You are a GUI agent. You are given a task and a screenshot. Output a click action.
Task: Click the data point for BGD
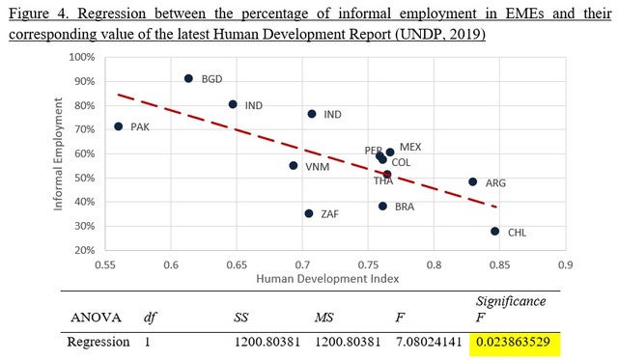(188, 78)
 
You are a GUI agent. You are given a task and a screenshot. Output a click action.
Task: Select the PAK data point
(118, 126)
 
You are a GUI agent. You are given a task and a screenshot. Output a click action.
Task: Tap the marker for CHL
(495, 232)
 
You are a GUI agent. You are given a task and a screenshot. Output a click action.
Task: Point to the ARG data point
(473, 182)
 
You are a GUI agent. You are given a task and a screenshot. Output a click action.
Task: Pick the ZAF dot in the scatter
(309, 213)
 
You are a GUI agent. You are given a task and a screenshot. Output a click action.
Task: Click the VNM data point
(294, 166)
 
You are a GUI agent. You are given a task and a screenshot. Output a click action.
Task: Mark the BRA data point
(382, 206)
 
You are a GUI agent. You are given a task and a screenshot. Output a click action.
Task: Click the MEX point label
(410, 147)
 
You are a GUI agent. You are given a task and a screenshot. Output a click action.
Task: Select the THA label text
(383, 181)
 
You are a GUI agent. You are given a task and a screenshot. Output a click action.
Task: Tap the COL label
(401, 162)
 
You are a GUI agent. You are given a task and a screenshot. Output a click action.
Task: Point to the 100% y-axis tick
(82, 57)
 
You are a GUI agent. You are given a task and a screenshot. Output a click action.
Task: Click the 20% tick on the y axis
(84, 250)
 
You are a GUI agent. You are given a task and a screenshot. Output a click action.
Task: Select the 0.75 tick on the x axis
(368, 264)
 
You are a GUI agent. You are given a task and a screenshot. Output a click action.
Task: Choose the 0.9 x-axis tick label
(565, 264)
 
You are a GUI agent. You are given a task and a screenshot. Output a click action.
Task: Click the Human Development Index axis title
(327, 279)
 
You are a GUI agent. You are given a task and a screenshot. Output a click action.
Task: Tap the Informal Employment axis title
(58, 154)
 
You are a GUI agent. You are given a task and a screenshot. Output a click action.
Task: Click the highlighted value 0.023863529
(513, 342)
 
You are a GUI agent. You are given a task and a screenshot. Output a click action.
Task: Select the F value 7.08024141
(429, 342)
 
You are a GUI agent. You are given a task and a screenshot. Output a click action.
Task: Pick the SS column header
(240, 318)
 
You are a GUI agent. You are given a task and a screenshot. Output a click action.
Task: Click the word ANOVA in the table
(96, 318)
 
